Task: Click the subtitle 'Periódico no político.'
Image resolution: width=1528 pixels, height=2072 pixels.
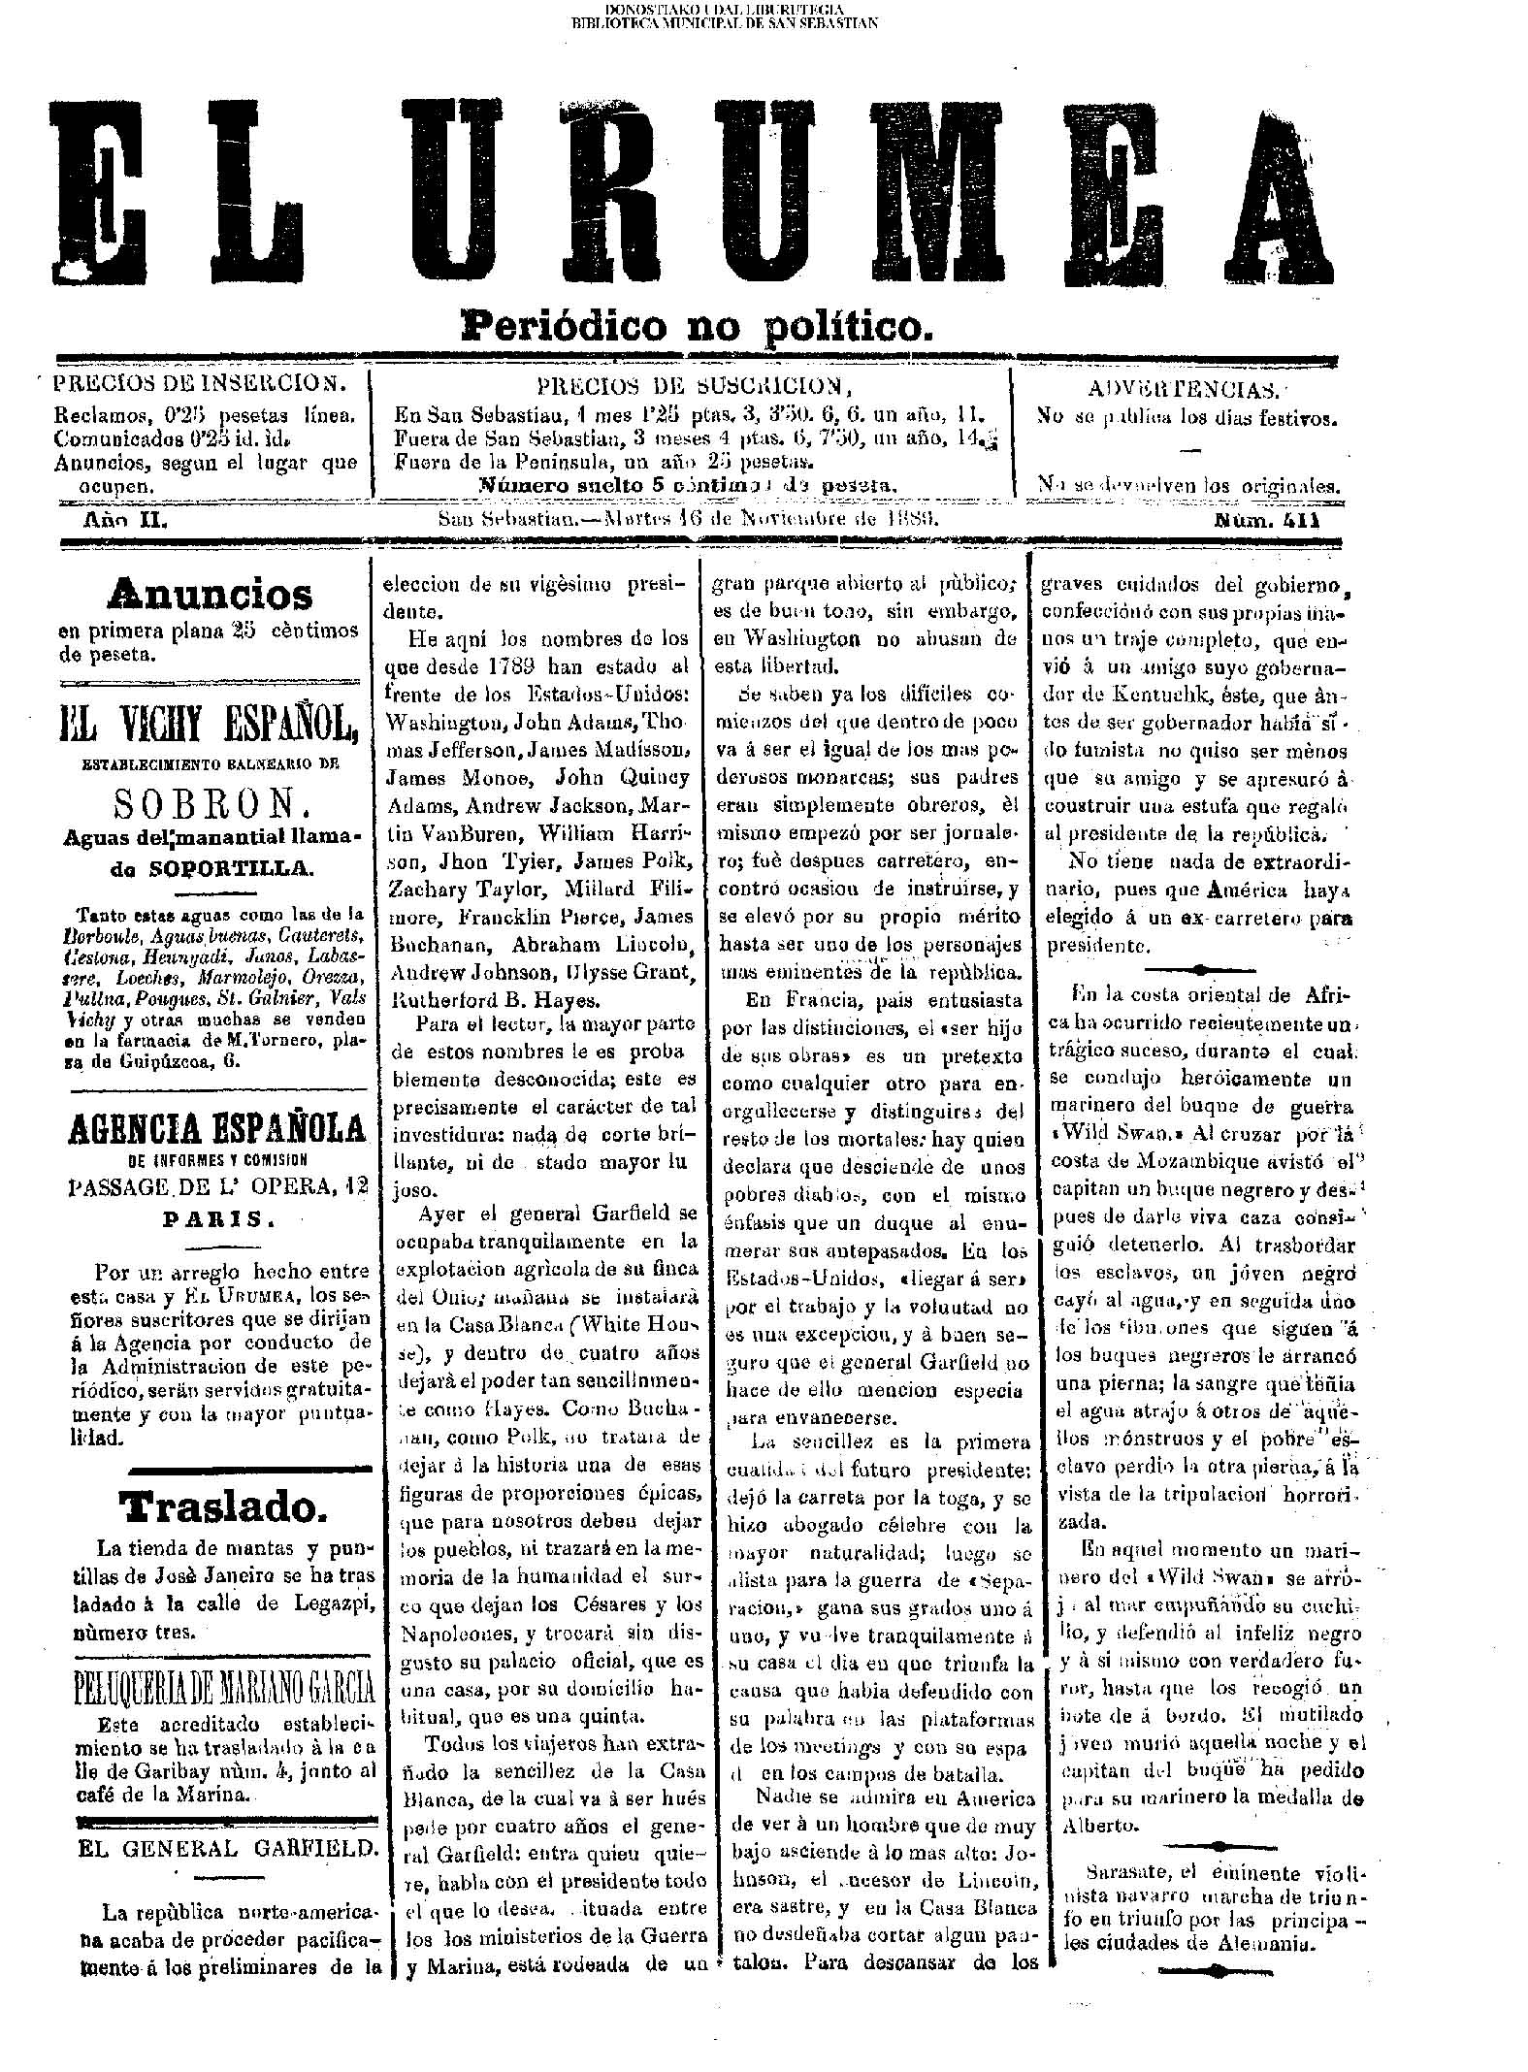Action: (x=697, y=324)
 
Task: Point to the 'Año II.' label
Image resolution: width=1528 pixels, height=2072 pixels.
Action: (x=128, y=522)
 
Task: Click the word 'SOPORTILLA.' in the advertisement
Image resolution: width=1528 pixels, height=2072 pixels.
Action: (x=232, y=867)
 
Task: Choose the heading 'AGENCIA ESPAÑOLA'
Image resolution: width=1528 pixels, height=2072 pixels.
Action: (x=215, y=1128)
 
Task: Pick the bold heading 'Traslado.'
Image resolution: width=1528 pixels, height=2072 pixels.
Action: (x=217, y=1505)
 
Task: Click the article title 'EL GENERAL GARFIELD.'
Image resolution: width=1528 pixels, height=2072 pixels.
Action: (x=227, y=1849)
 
